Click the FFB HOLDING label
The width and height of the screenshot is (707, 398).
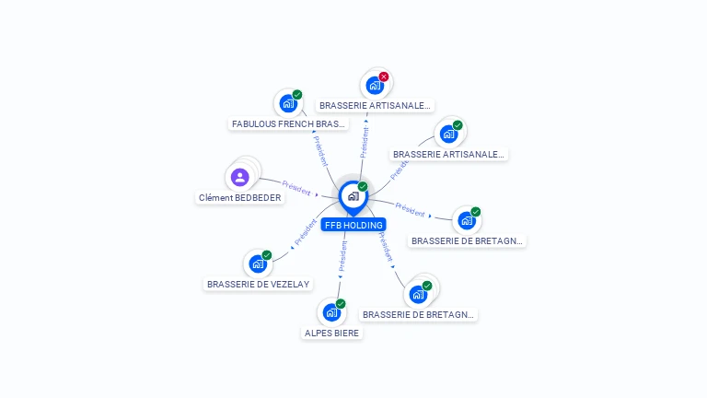[353, 225]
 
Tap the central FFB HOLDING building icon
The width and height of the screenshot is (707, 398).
[353, 195]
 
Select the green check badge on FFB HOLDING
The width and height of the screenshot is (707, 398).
[363, 186]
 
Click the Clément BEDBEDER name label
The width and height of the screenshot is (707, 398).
[240, 197]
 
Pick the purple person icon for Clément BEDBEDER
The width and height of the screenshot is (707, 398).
[240, 177]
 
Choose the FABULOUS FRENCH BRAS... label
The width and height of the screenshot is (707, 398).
[289, 123]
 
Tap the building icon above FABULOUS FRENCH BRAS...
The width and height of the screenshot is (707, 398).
[287, 103]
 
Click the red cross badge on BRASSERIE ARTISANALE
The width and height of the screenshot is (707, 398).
[384, 76]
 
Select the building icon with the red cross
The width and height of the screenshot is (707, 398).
[374, 86]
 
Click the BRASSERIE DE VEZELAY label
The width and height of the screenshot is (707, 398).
[259, 284]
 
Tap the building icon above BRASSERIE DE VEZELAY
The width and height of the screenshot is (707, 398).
[258, 263]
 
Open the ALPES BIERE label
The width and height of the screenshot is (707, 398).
[332, 333]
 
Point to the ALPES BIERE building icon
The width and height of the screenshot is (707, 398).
[331, 312]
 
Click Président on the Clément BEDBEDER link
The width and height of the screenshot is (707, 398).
[296, 187]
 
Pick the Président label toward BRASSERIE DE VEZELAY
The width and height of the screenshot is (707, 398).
[305, 234]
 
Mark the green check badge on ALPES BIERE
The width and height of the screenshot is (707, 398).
[341, 303]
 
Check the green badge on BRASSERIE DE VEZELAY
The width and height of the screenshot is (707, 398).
[267, 255]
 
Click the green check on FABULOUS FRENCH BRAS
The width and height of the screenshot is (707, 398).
[297, 94]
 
